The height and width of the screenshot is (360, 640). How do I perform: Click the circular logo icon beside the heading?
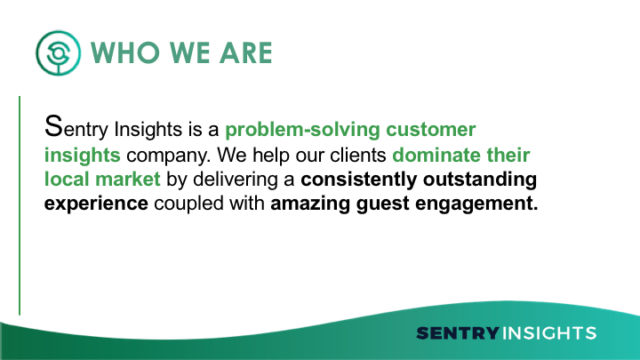(58, 52)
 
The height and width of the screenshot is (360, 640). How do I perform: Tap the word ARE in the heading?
(245, 53)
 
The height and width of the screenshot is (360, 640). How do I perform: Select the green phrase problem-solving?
(302, 130)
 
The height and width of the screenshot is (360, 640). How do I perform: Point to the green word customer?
(431, 130)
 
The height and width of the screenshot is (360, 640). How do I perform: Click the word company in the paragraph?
(168, 156)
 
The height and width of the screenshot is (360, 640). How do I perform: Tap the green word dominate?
(436, 155)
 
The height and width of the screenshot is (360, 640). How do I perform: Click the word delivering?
(235, 180)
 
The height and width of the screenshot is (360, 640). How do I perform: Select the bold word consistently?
(359, 180)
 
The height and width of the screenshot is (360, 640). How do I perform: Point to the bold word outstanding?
(480, 180)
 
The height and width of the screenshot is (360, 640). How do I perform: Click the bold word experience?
(96, 204)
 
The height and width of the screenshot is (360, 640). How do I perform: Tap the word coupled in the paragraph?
(188, 204)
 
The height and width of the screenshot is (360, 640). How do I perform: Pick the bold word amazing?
(310, 204)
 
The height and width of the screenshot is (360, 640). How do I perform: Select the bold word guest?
(382, 204)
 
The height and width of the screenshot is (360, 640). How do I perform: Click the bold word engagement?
(476, 204)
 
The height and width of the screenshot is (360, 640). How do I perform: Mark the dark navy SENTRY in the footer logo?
(458, 333)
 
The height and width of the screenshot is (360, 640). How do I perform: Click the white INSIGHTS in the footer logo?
(549, 333)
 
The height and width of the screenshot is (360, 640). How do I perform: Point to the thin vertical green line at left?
(20, 205)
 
